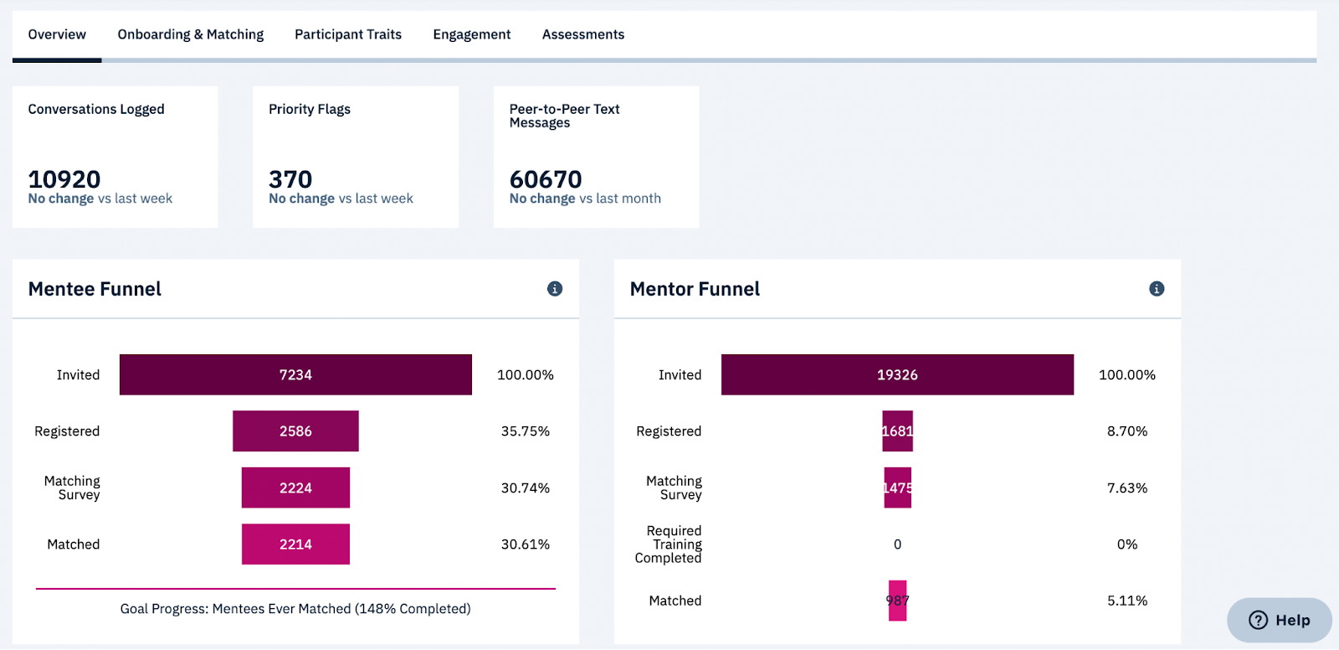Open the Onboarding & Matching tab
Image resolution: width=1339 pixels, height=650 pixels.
pyautogui.click(x=190, y=34)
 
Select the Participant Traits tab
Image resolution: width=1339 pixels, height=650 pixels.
pyautogui.click(x=347, y=34)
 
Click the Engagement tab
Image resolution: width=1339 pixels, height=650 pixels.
pyautogui.click(x=471, y=34)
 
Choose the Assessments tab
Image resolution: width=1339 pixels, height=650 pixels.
pyautogui.click(x=582, y=34)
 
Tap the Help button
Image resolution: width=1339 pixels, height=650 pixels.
pyautogui.click(x=1279, y=620)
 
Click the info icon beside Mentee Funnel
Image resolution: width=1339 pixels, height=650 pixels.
pyautogui.click(x=555, y=289)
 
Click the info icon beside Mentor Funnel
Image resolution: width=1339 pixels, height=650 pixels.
pyautogui.click(x=1157, y=289)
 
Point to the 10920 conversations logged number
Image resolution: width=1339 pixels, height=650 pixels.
pyautogui.click(x=64, y=179)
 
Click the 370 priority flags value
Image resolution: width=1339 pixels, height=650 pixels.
pyautogui.click(x=290, y=179)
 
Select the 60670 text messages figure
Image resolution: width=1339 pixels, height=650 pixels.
pyautogui.click(x=546, y=179)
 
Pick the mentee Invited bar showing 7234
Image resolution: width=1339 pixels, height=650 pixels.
pyautogui.click(x=295, y=374)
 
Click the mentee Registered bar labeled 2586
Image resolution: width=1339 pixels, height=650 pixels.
pyautogui.click(x=295, y=431)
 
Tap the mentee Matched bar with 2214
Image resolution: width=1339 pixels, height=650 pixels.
pyautogui.click(x=295, y=544)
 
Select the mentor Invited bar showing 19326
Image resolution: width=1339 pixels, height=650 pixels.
pyautogui.click(x=897, y=374)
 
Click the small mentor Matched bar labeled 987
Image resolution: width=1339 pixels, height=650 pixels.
pyautogui.click(x=897, y=601)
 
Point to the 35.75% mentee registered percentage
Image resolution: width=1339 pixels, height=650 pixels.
pyautogui.click(x=525, y=431)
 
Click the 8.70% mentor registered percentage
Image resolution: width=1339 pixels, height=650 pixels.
pyautogui.click(x=1126, y=431)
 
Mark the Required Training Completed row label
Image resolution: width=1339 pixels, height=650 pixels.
pyautogui.click(x=669, y=544)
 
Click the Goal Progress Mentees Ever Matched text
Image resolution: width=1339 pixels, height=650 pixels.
pyautogui.click(x=295, y=609)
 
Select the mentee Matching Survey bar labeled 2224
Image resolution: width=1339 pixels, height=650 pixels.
pyautogui.click(x=295, y=487)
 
